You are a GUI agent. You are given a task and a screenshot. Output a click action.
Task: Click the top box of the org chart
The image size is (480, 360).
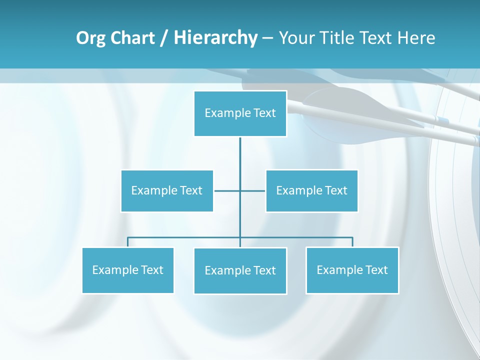pyautogui.click(x=240, y=113)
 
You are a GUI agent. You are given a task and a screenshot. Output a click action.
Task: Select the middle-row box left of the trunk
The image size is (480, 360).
pyautogui.click(x=167, y=190)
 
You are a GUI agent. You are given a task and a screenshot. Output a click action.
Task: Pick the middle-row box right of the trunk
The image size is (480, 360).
pyautogui.click(x=311, y=190)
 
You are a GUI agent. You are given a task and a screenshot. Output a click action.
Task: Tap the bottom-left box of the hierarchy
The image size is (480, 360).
pyautogui.click(x=128, y=270)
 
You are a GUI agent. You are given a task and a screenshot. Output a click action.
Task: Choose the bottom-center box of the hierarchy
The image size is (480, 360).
pyautogui.click(x=240, y=270)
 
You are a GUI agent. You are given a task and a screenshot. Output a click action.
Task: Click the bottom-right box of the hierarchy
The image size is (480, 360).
pyautogui.click(x=352, y=270)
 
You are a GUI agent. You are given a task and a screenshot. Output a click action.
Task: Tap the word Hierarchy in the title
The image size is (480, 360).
pyautogui.click(x=215, y=38)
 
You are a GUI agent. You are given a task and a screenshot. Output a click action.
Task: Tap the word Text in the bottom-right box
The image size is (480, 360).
pyautogui.click(x=376, y=270)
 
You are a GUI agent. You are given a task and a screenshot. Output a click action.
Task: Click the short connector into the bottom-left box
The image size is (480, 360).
pyautogui.click(x=128, y=242)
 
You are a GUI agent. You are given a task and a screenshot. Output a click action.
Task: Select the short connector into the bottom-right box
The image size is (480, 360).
pyautogui.click(x=352, y=242)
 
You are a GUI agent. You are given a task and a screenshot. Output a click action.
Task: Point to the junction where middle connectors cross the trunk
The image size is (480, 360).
pyautogui.click(x=240, y=190)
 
